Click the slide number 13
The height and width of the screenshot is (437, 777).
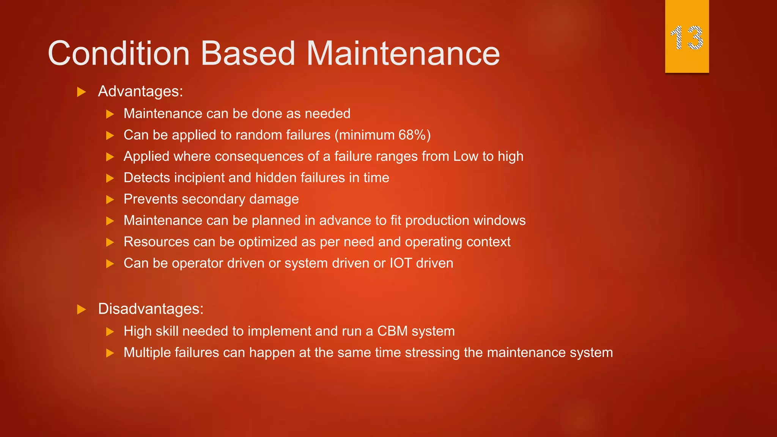coord(687,38)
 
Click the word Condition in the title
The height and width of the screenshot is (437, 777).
coord(119,53)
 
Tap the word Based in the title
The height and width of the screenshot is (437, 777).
coord(248,53)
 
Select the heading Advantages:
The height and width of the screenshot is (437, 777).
coord(140,91)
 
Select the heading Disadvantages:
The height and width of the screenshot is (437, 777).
coord(151,309)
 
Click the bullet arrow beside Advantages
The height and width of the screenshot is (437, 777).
coord(81,92)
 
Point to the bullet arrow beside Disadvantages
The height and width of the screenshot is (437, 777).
coord(81,309)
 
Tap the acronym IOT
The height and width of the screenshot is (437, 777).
coord(401,263)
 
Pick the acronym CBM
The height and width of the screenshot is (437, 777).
coord(392,331)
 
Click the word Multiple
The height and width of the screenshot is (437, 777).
coord(147,352)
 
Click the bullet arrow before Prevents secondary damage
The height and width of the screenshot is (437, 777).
coord(110,200)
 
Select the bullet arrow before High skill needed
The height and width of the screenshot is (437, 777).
coord(110,332)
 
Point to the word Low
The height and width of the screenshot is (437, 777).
coord(466,156)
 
